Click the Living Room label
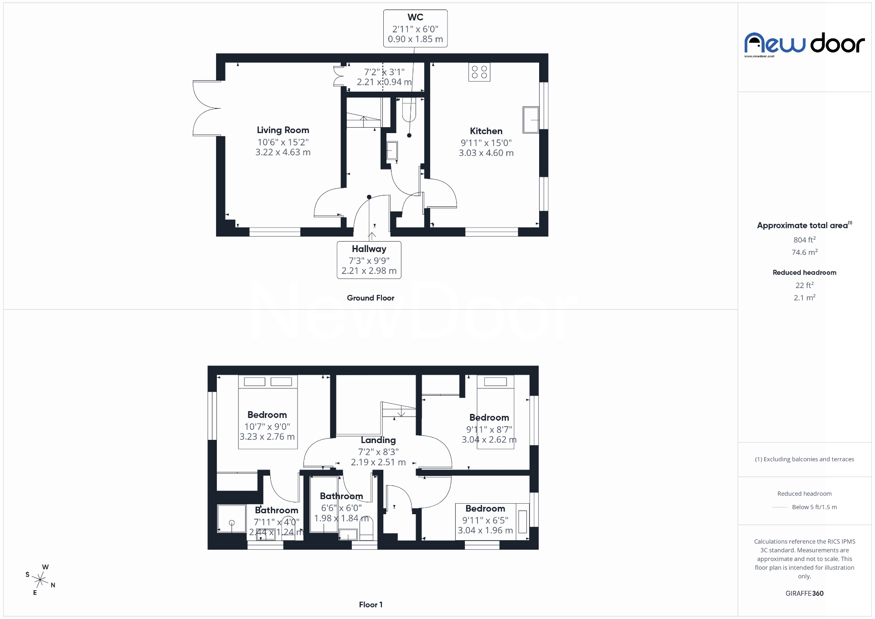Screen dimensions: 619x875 [283, 130]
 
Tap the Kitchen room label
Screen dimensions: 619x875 [486, 131]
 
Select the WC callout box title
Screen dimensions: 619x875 [415, 17]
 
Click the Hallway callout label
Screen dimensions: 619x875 [369, 249]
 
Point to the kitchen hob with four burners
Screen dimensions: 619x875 [479, 72]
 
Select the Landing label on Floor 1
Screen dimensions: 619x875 [378, 440]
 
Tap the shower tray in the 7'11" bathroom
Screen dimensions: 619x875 [232, 518]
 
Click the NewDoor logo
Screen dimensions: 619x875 [804, 44]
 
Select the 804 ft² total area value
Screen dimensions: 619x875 [804, 240]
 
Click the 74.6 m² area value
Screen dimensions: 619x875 [804, 252]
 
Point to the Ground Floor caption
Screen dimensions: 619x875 [371, 298]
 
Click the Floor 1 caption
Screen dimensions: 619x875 [371, 604]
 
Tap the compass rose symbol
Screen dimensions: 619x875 [41, 580]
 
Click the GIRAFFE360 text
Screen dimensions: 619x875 [804, 593]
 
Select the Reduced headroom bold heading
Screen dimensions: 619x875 [804, 273]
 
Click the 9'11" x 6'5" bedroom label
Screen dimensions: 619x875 [485, 509]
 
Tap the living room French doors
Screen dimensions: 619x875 [207, 108]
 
